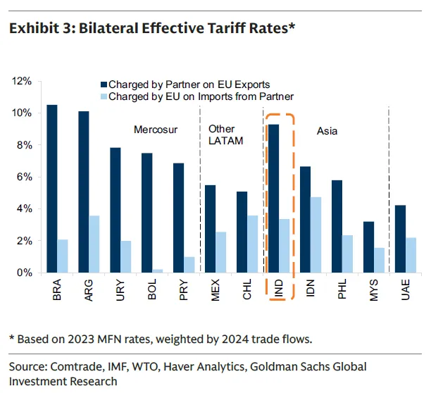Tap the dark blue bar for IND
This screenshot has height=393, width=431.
click(274, 198)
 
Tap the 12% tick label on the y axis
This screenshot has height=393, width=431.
click(22, 82)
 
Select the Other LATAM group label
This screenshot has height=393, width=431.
click(225, 135)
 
